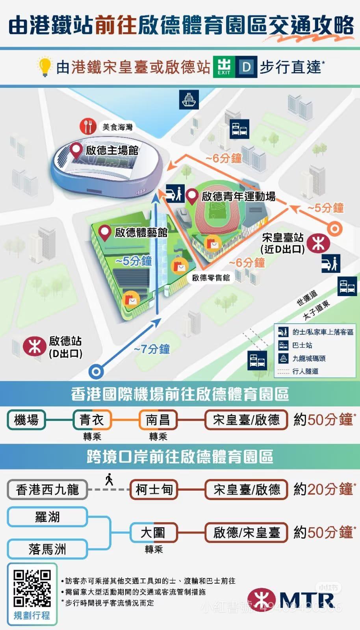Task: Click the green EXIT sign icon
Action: point(224,67)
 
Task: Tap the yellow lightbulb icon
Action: point(45,67)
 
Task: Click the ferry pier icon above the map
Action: point(189,100)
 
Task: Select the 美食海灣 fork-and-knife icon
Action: point(88,126)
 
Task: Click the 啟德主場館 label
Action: point(112,150)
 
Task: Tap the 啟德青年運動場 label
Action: point(238,196)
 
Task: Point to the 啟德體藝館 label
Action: point(141,232)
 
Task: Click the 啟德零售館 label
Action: point(211,278)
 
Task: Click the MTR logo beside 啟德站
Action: point(35,346)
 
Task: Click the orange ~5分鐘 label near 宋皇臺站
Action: point(326,208)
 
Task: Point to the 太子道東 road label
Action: point(316,310)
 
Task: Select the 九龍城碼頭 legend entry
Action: point(309,358)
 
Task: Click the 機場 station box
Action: point(26,420)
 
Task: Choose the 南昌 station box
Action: point(158,420)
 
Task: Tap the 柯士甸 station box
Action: point(154,489)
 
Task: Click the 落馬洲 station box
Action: point(47,549)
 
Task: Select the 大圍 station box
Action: point(154,533)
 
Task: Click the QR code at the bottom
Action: point(32,588)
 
